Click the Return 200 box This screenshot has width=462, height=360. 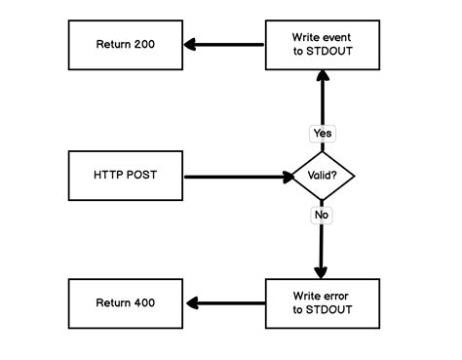click(125, 45)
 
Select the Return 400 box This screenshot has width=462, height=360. click(125, 302)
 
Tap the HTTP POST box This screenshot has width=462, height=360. click(125, 177)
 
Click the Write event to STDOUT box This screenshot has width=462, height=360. click(323, 45)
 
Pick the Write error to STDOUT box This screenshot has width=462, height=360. click(323, 302)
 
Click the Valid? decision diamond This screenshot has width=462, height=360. click(323, 177)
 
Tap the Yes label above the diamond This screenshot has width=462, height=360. click(323, 133)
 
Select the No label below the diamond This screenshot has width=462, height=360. click(322, 214)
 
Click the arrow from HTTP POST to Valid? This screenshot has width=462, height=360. click(239, 177)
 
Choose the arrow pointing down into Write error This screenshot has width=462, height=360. click(322, 249)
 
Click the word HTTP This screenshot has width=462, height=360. click(108, 177)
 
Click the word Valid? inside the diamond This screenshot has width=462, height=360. click(323, 177)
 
